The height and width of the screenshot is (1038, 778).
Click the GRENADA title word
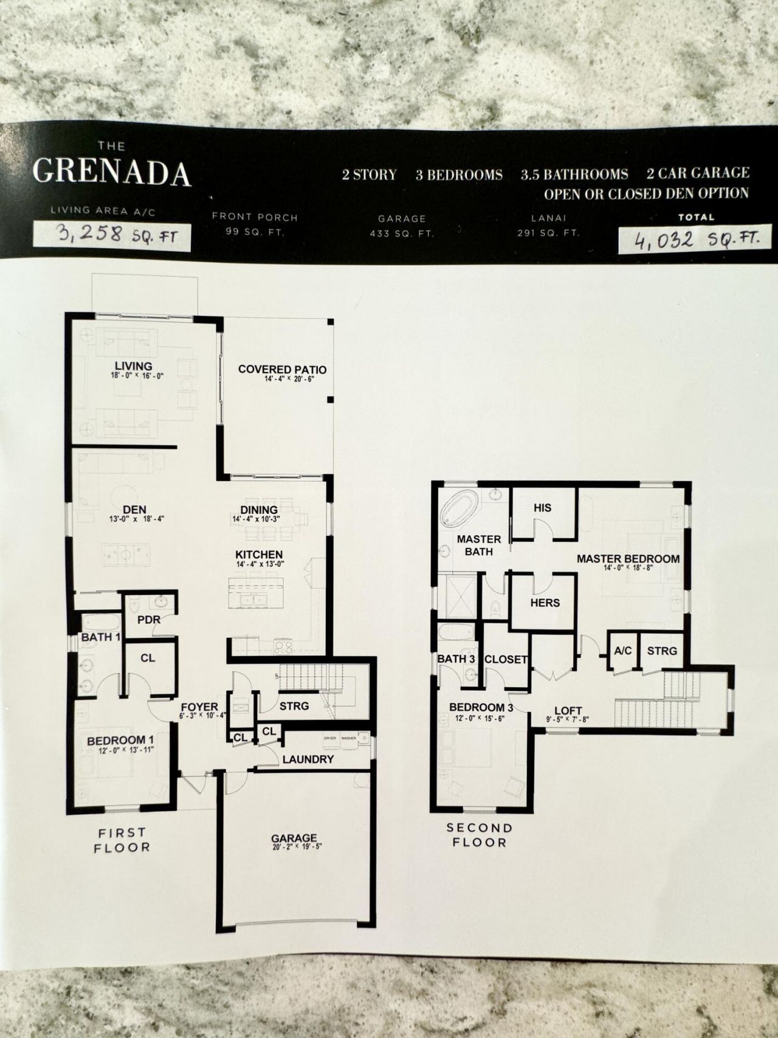point(112,173)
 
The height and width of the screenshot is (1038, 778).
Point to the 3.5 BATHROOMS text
point(574,175)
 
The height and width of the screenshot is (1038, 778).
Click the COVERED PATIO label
point(282,369)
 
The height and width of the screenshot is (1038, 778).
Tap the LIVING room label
point(134,365)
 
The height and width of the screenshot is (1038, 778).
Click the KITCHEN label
point(260,555)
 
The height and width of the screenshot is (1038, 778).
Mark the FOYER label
point(199,707)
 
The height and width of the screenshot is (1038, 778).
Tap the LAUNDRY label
point(308,759)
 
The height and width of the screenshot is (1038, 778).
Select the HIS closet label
point(542,507)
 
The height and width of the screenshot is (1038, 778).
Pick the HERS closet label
point(545,603)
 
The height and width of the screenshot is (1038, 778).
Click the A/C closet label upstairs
point(623,651)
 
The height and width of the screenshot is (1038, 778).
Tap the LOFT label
point(568,710)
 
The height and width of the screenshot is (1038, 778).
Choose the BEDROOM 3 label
point(477,707)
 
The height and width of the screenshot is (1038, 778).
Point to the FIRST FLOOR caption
point(122,840)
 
